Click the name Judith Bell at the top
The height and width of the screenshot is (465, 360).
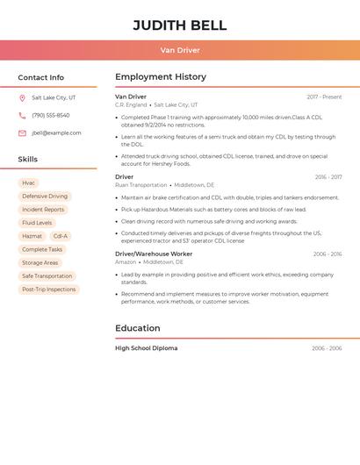pyautogui.click(x=180, y=25)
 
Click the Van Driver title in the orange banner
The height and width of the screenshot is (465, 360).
pyautogui.click(x=180, y=50)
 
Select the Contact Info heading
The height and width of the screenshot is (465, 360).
pyautogui.click(x=41, y=77)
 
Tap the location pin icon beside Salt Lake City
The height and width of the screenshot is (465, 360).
pyautogui.click(x=22, y=98)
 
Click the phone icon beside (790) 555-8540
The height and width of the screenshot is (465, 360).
pyautogui.click(x=22, y=116)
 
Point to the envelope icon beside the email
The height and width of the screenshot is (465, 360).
pyautogui.click(x=22, y=133)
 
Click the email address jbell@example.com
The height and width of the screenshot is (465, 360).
pyautogui.click(x=56, y=133)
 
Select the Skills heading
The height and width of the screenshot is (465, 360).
pyautogui.click(x=28, y=160)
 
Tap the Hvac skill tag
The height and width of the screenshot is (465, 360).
pyautogui.click(x=29, y=183)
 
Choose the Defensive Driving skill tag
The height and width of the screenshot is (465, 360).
pyautogui.click(x=45, y=197)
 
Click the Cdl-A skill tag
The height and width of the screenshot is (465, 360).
pyautogui.click(x=60, y=236)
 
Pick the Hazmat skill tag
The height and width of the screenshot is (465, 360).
pyautogui.click(x=32, y=236)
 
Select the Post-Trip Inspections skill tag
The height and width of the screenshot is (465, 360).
pyautogui.click(x=49, y=289)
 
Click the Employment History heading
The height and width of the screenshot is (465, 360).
pyautogui.click(x=161, y=77)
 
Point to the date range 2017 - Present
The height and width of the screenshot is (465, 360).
pyautogui.click(x=324, y=97)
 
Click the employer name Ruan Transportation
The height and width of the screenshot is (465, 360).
pyautogui.click(x=140, y=185)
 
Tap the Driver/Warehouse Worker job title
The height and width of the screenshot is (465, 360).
pyautogui.click(x=154, y=254)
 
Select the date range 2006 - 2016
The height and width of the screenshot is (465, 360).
pyautogui.click(x=328, y=254)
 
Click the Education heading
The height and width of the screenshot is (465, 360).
pyautogui.click(x=138, y=328)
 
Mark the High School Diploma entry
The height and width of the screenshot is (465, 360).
pyautogui.click(x=147, y=348)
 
